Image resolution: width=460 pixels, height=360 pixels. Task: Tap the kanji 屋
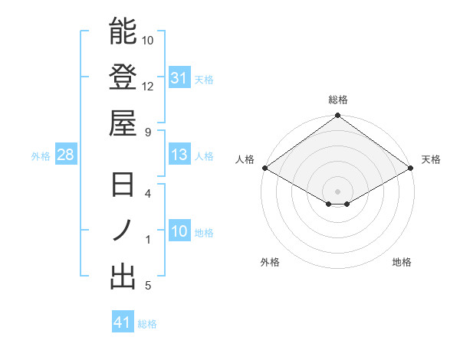click(x=123, y=122)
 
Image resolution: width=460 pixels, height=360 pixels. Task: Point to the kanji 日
click(x=123, y=185)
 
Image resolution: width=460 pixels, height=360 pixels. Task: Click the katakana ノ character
click(x=123, y=231)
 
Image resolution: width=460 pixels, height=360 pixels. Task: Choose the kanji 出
click(x=123, y=277)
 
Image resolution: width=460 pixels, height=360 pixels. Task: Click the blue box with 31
click(x=179, y=78)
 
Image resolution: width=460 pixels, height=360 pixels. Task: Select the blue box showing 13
click(x=179, y=155)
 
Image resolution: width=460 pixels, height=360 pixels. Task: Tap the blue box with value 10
click(x=179, y=231)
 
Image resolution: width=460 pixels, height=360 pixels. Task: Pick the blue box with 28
click(x=65, y=155)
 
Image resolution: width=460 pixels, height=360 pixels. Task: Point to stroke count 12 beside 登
click(x=148, y=86)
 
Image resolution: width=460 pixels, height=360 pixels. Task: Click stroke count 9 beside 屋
click(x=148, y=131)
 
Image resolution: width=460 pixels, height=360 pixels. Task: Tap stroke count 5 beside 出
click(x=148, y=286)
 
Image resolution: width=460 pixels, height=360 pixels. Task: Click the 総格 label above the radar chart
click(x=338, y=100)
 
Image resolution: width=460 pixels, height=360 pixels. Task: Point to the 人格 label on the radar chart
click(x=246, y=159)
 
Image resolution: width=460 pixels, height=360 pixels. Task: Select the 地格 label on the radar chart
click(x=402, y=262)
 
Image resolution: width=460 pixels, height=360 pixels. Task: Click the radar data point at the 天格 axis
click(x=412, y=168)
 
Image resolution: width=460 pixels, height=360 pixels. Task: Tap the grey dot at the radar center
click(x=338, y=191)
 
